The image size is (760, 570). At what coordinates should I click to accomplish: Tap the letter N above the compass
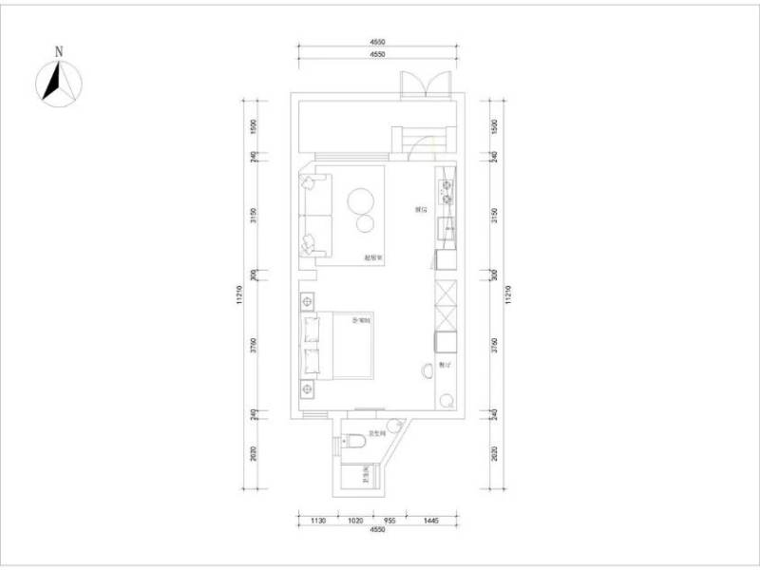point(59,51)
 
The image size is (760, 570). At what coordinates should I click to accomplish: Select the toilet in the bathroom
point(353,442)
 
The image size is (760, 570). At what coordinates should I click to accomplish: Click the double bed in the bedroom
point(342,344)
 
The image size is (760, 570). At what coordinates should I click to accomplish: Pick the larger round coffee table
point(360,200)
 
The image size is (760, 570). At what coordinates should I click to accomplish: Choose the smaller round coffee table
point(365,224)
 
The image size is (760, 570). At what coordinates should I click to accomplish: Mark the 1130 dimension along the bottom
point(319,521)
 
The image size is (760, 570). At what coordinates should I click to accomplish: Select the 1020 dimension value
point(355,521)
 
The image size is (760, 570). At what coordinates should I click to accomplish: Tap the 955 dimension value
point(389,521)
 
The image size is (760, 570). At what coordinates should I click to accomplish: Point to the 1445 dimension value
point(430,521)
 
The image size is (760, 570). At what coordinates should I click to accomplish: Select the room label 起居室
point(372,257)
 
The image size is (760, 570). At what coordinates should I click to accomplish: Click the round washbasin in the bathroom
point(392,425)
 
